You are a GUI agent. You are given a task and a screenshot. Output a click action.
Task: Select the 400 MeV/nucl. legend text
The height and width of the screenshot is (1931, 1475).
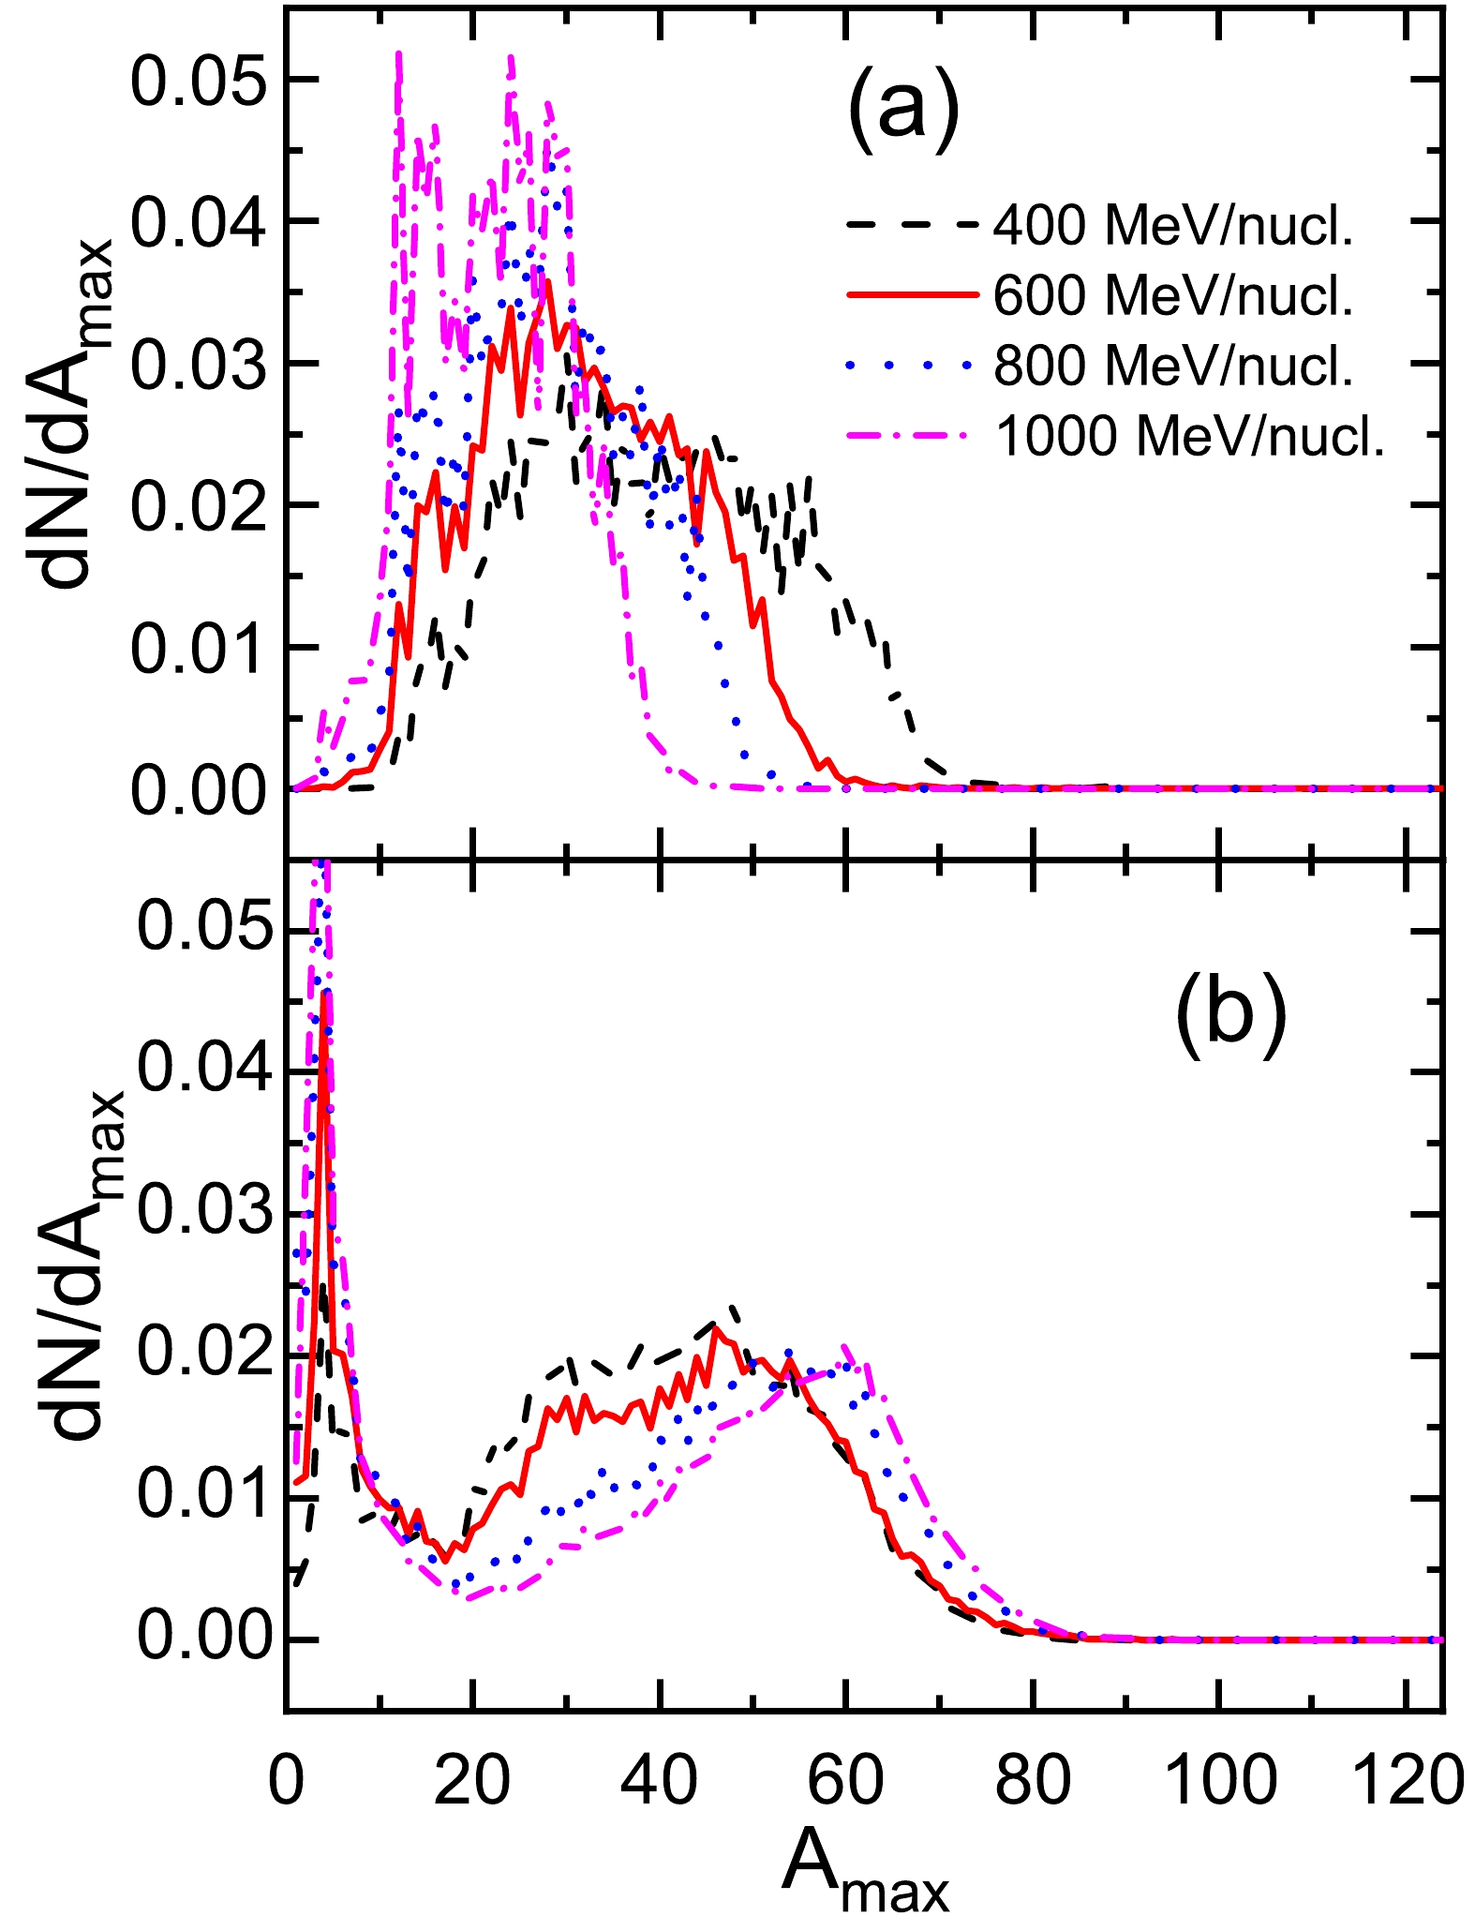point(1173,226)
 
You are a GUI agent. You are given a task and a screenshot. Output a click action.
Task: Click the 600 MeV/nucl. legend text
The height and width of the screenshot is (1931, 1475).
point(1173,296)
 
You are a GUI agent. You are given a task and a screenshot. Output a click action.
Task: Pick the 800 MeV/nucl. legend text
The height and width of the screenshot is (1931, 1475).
point(1173,366)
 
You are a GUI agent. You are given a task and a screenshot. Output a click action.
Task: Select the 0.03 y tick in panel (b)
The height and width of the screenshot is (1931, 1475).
point(201,1214)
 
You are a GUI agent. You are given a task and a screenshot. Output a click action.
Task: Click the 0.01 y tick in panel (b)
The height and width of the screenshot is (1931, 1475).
point(201,1497)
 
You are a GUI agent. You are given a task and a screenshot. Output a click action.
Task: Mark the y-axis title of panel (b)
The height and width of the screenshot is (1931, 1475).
point(84,1265)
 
